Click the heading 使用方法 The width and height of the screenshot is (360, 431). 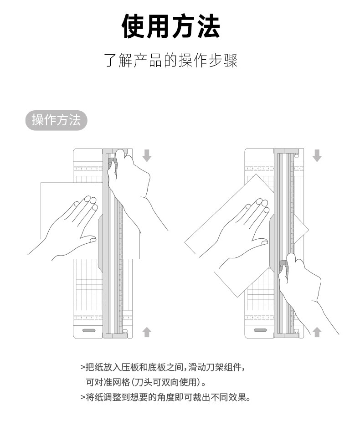[171, 26]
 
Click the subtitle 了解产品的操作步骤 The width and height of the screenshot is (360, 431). [171, 60]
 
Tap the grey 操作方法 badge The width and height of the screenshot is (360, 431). [56, 120]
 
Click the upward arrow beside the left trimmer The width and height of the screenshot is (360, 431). [147, 332]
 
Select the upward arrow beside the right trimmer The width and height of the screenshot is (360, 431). [317, 332]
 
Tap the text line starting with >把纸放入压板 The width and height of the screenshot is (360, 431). [165, 367]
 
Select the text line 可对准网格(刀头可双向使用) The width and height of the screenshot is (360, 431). [146, 382]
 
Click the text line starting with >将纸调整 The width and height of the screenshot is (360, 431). [165, 397]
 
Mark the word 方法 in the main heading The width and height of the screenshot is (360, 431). [196, 26]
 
